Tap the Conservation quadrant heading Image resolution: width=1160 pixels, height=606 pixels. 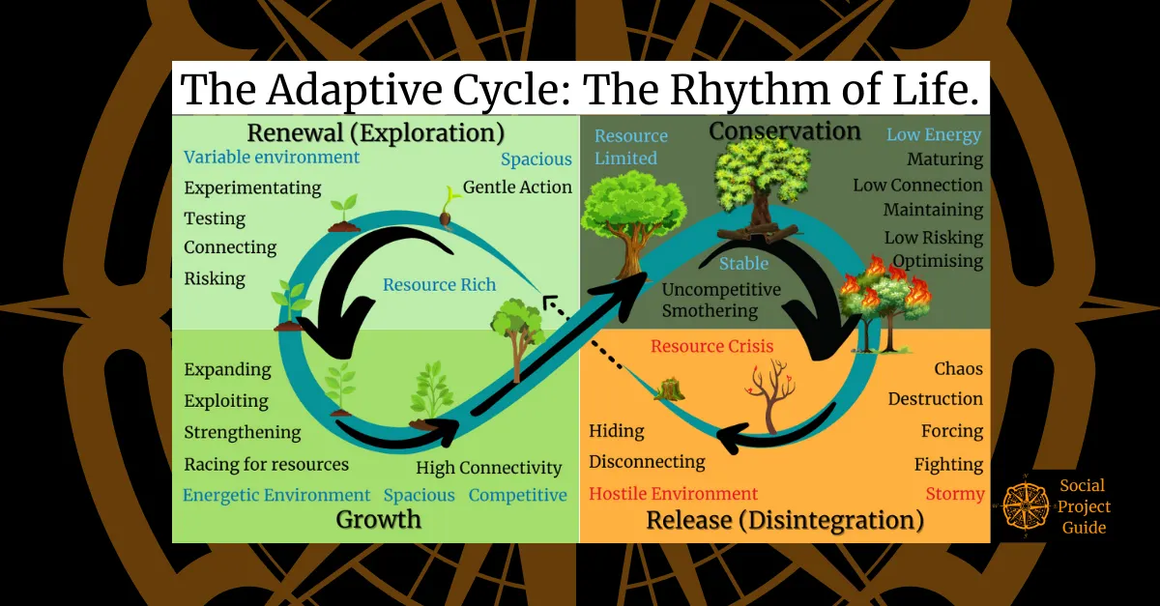click(x=785, y=130)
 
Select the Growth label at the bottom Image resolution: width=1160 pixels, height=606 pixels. click(x=379, y=519)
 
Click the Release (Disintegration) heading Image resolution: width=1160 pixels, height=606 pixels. click(x=784, y=520)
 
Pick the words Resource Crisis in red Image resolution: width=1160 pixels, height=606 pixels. click(x=712, y=346)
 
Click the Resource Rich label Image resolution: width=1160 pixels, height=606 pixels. click(x=439, y=284)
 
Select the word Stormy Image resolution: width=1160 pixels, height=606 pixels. click(x=955, y=494)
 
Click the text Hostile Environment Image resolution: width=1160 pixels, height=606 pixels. click(x=674, y=494)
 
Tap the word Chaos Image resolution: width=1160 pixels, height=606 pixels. click(x=958, y=368)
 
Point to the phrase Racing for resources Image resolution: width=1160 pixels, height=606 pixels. click(x=267, y=464)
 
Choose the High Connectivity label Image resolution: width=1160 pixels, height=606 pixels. click(x=489, y=468)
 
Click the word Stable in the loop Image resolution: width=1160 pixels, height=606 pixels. click(x=743, y=263)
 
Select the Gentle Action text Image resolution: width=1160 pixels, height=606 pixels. click(x=517, y=187)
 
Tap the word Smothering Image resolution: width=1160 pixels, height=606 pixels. click(x=710, y=310)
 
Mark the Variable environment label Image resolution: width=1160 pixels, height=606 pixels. click(x=272, y=157)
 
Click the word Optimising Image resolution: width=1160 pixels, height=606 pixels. click(x=937, y=261)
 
